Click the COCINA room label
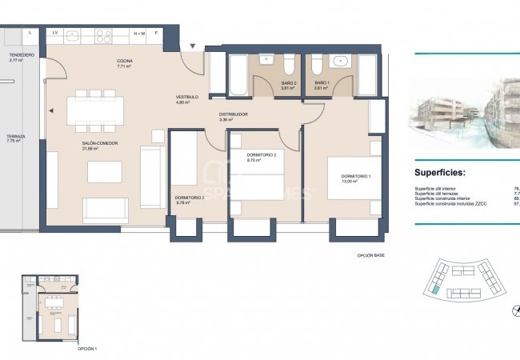click(124, 61)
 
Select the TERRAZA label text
click(15, 137)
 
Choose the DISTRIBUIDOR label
click(234, 114)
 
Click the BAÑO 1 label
click(322, 83)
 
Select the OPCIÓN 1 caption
click(86, 350)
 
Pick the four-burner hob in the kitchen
click(104, 35)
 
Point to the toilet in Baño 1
click(317, 63)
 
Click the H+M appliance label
click(139, 34)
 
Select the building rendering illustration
click(464, 112)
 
